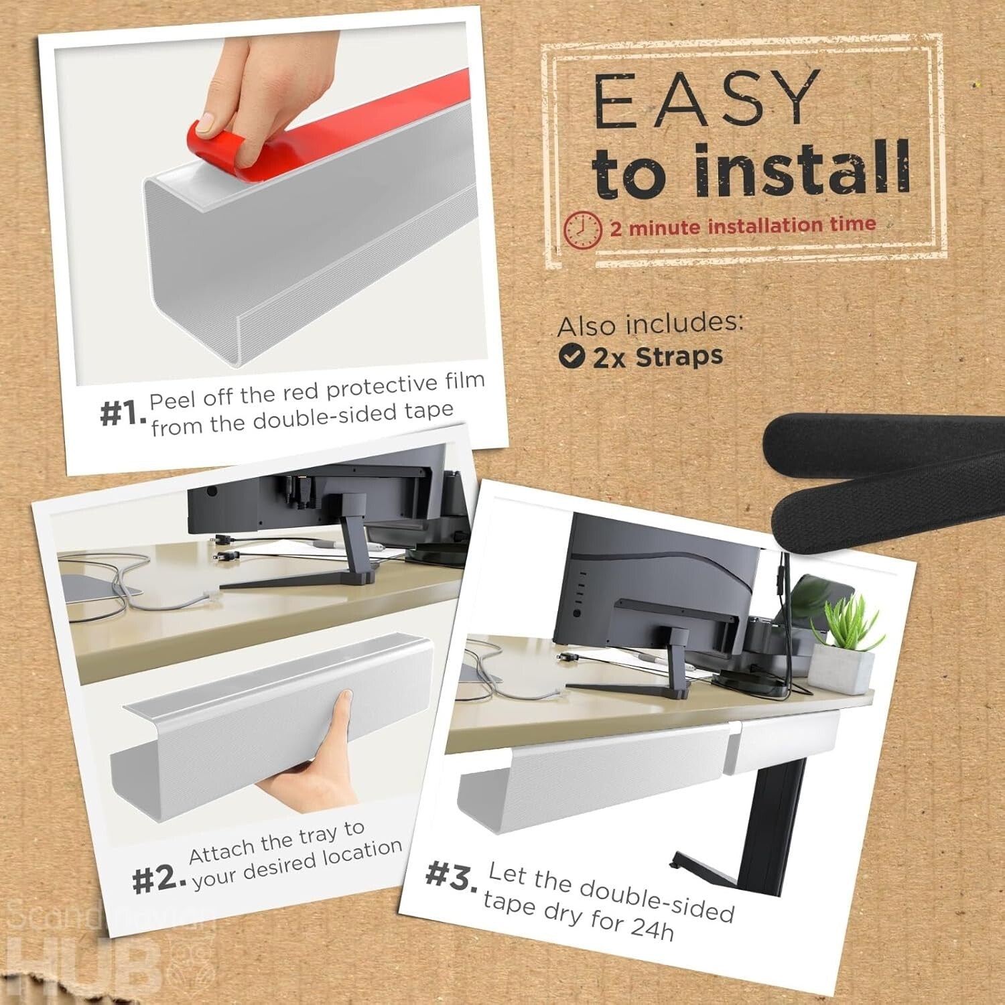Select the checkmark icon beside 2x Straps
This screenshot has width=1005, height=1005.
[x=571, y=356]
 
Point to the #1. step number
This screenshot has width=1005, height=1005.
[x=122, y=413]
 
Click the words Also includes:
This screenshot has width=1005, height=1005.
[x=650, y=324]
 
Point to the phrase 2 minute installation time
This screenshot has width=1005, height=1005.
[x=742, y=226]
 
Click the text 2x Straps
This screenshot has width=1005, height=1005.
[x=657, y=357]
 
